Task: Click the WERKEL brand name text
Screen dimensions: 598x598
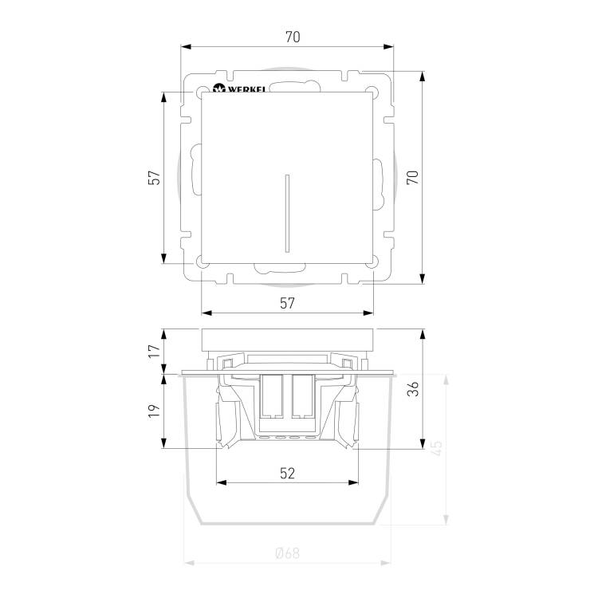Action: (x=246, y=89)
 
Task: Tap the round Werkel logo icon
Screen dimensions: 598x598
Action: (x=219, y=88)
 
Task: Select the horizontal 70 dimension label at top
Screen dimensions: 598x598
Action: (x=293, y=37)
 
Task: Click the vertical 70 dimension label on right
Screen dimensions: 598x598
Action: (x=412, y=177)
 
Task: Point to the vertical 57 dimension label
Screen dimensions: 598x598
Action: (x=154, y=177)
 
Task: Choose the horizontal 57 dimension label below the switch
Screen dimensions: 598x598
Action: (x=287, y=303)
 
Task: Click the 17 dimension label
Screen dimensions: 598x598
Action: (x=154, y=351)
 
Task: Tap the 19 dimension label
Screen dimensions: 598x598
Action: (x=154, y=411)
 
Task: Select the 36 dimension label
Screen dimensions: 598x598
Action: (x=412, y=388)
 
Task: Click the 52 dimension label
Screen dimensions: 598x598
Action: (x=287, y=474)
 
